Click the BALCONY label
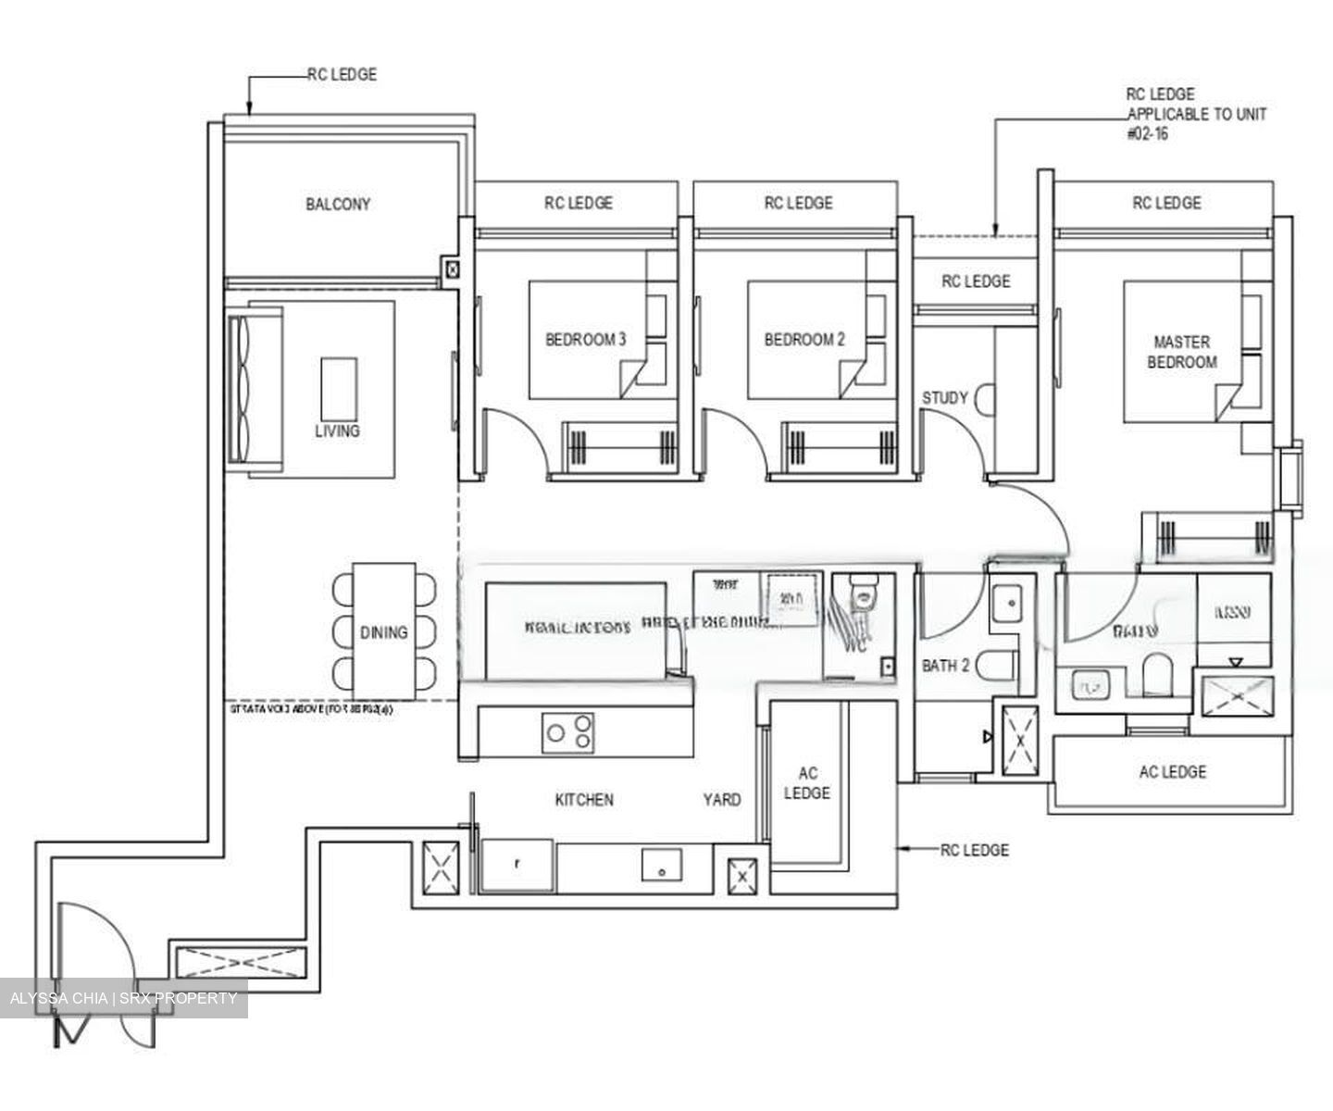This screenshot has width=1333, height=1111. (x=338, y=204)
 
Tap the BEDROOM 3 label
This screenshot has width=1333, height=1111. (x=585, y=340)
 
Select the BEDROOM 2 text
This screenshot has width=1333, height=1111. (x=804, y=340)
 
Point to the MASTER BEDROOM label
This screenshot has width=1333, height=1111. (x=1181, y=352)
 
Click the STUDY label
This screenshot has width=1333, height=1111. (x=944, y=398)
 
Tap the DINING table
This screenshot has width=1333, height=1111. (x=384, y=631)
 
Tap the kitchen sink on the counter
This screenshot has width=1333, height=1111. (x=662, y=868)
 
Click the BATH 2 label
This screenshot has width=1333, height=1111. (x=945, y=666)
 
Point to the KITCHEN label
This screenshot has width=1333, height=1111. (x=584, y=800)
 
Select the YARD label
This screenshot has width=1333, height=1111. (x=721, y=800)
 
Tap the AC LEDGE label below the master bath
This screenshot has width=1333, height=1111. (x=1172, y=772)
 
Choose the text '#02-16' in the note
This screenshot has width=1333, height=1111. (x=1147, y=134)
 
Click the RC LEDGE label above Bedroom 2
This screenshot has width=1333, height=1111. (x=798, y=204)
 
